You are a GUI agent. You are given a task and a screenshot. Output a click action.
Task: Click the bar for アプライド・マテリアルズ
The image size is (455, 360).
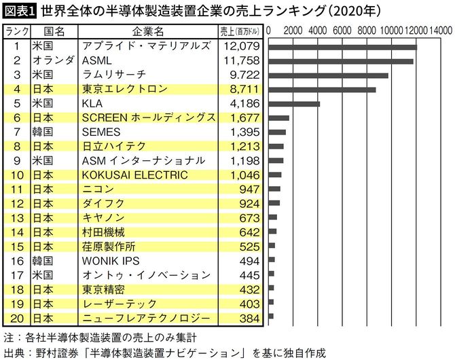click(342, 47)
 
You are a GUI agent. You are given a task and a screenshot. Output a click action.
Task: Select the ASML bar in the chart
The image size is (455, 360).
click(341, 61)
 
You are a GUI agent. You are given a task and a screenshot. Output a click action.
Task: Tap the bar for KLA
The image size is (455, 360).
click(294, 104)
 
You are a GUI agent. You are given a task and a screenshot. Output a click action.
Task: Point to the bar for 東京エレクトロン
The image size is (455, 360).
click(322, 90)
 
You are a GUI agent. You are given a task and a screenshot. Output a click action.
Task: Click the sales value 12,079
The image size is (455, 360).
click(242, 47)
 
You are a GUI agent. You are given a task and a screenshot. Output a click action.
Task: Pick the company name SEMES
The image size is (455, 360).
click(101, 132)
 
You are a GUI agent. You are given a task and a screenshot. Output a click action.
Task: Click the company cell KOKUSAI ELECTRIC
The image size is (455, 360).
click(134, 175)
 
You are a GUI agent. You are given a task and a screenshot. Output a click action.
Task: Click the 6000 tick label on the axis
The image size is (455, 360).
click(343, 31)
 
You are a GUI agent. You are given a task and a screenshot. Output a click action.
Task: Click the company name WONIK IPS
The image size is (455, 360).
click(109, 260)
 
